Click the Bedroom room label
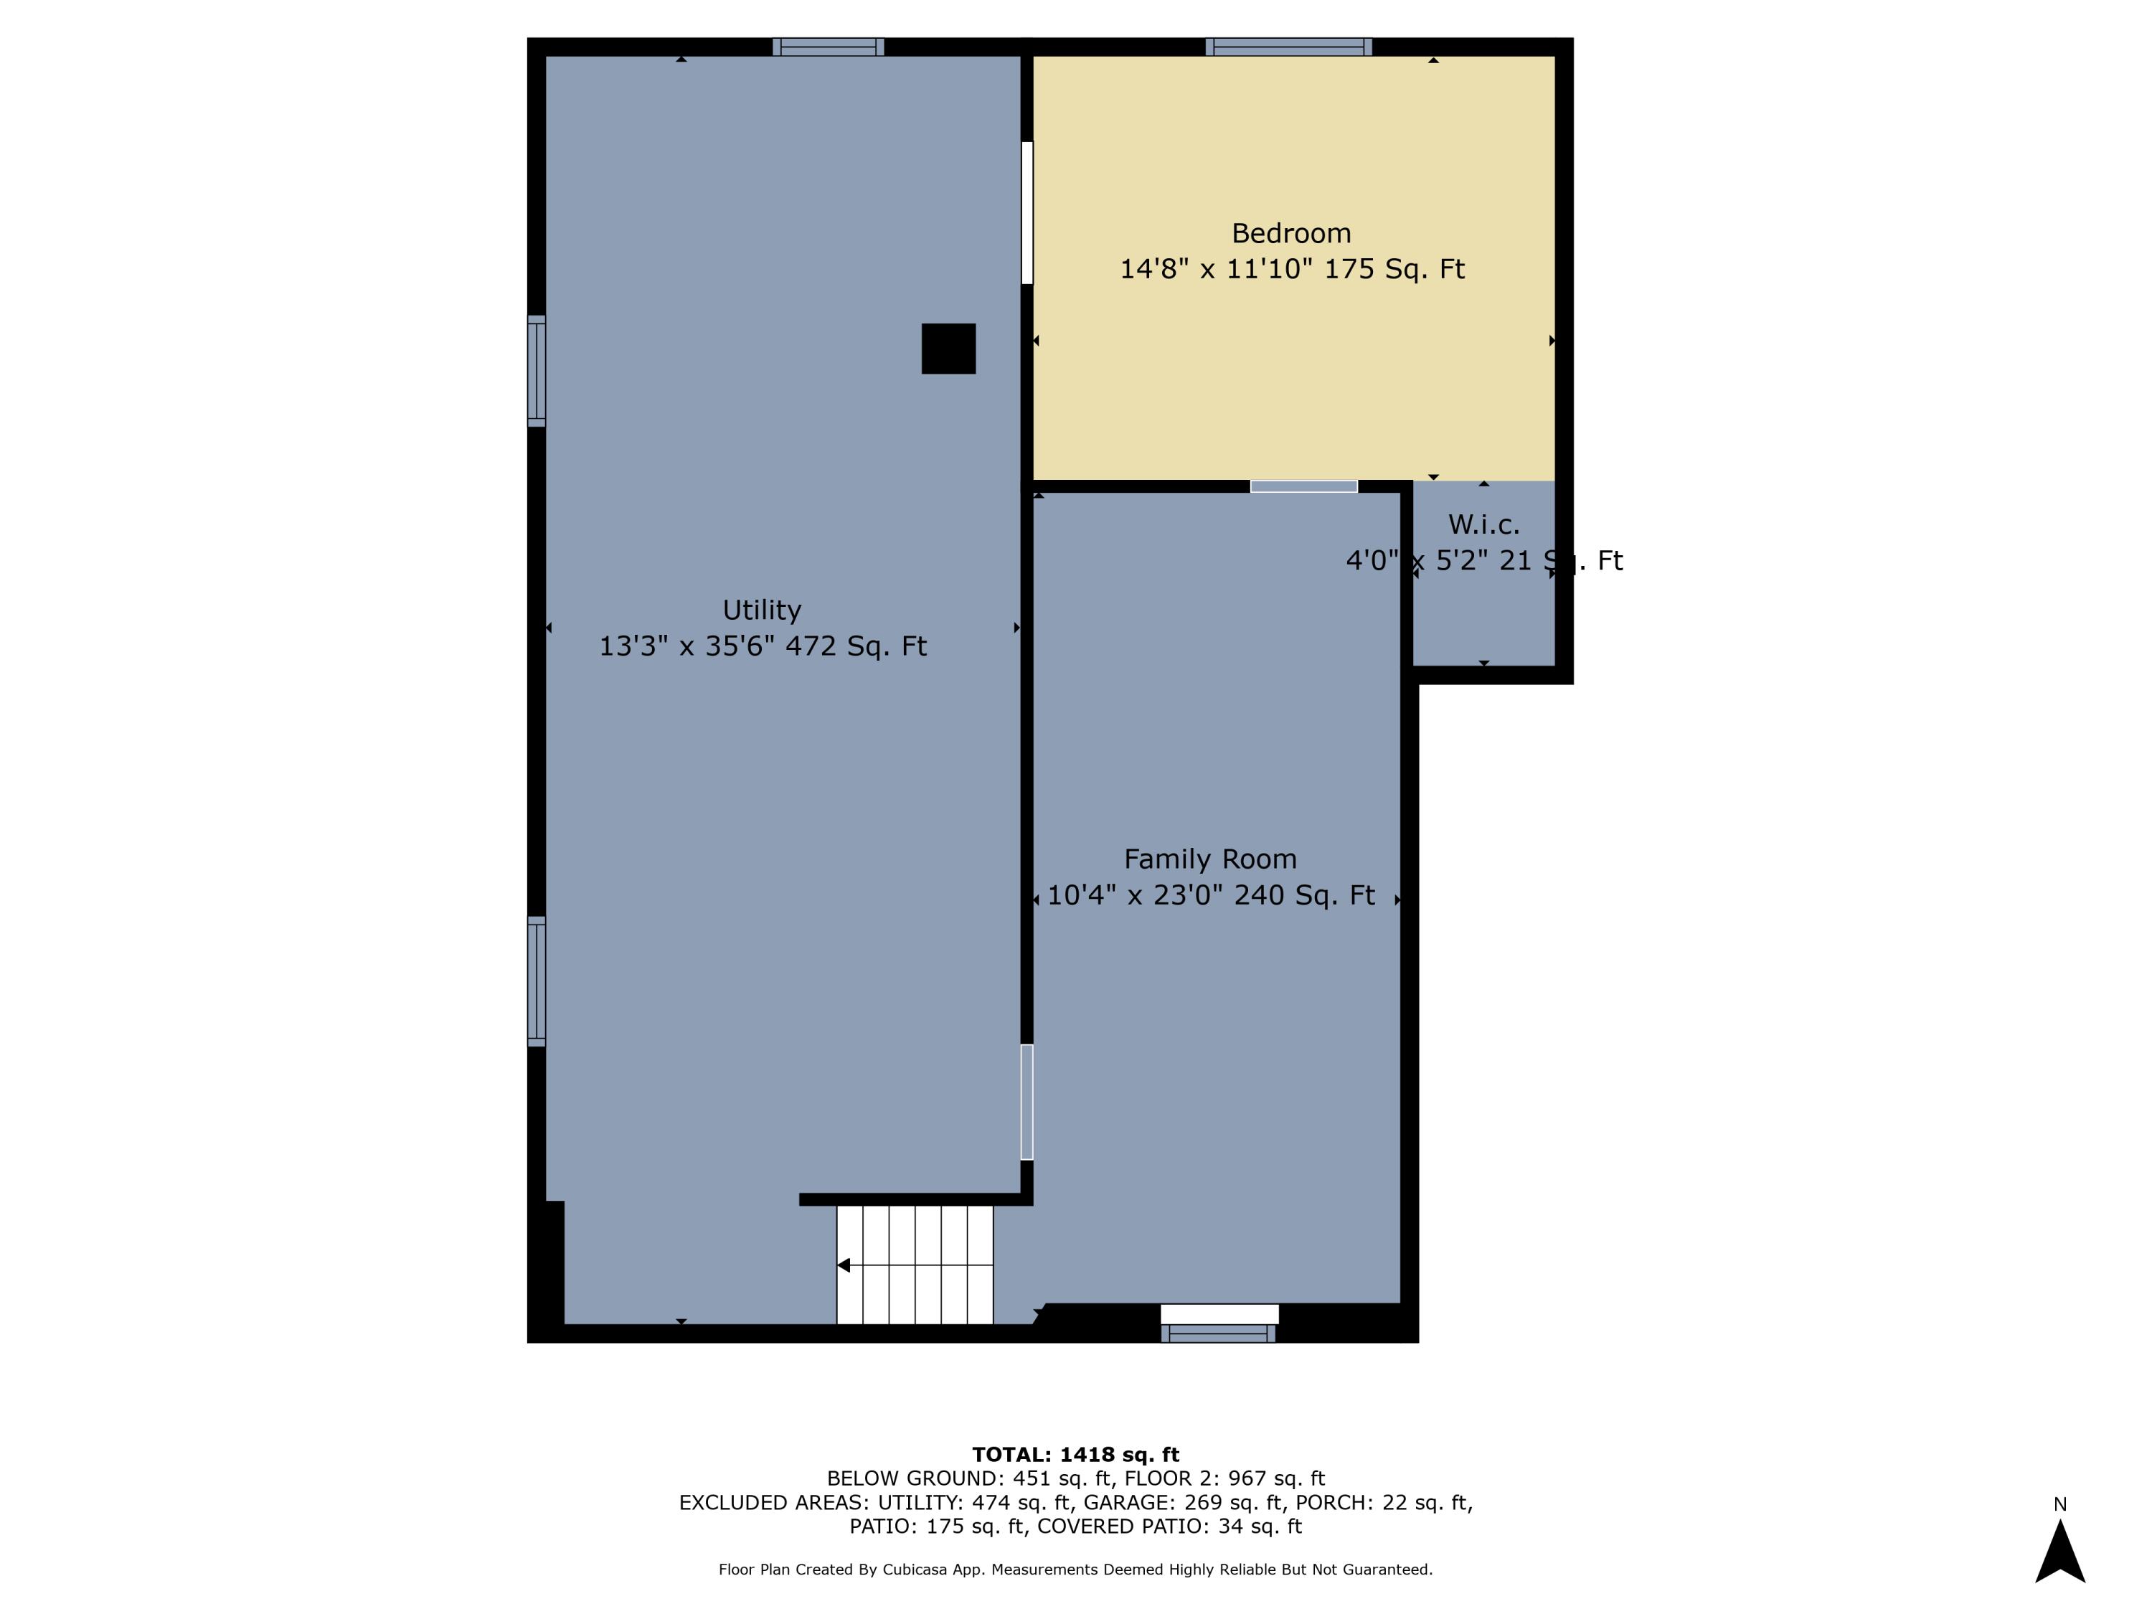pyautogui.click(x=1291, y=233)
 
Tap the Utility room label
pyautogui.click(x=762, y=610)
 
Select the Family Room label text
pyautogui.click(x=1210, y=859)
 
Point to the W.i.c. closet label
pyautogui.click(x=1483, y=524)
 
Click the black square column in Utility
pyautogui.click(x=948, y=349)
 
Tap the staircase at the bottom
pyautogui.click(x=915, y=1265)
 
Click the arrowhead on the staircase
pyautogui.click(x=844, y=1265)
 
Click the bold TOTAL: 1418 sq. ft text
pyautogui.click(x=1075, y=1455)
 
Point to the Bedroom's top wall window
pyautogui.click(x=1288, y=47)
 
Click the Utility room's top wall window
pyautogui.click(x=828, y=47)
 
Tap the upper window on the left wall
pyautogui.click(x=536, y=371)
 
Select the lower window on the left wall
pyautogui.click(x=536, y=981)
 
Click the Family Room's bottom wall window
pyautogui.click(x=1218, y=1333)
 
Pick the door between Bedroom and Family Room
pyautogui.click(x=1303, y=486)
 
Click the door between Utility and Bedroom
pyautogui.click(x=1027, y=213)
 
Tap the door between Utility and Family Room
pyautogui.click(x=1027, y=1103)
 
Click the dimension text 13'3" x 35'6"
pyautogui.click(x=685, y=646)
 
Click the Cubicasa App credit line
pyautogui.click(x=1075, y=1570)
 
